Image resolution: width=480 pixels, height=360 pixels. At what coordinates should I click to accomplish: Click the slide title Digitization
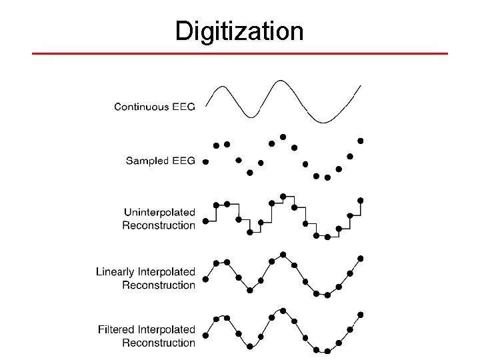tap(239, 31)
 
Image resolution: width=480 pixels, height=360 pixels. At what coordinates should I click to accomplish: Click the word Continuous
tap(141, 107)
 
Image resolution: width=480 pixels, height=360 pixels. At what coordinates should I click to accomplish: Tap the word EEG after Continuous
tap(183, 107)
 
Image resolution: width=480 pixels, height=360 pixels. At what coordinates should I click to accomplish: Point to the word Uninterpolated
tap(159, 212)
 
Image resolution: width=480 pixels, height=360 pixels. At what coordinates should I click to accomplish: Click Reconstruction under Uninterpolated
tap(159, 225)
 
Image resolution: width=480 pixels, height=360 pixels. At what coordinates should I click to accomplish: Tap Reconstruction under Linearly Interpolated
tap(159, 285)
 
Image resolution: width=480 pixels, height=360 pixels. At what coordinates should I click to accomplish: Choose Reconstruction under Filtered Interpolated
tap(159, 343)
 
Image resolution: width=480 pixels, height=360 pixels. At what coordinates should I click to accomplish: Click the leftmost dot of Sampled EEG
tap(205, 161)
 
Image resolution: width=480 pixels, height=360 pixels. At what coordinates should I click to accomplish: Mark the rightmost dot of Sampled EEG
tap(361, 141)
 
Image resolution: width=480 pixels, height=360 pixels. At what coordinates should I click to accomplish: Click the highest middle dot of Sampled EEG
tap(283, 137)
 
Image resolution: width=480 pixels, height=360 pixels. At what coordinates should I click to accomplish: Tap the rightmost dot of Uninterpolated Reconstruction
tap(361, 199)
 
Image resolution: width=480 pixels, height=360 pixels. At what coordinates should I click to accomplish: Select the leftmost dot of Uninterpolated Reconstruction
tap(205, 220)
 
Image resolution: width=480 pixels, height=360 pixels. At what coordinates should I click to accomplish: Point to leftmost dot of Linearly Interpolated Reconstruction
tap(205, 279)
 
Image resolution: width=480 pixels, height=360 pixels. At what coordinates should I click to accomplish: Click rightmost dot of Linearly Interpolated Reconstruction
tap(361, 258)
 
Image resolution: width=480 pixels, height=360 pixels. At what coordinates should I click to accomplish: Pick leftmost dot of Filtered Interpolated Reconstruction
tap(205, 335)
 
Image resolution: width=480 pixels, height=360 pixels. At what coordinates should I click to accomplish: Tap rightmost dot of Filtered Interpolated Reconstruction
tap(361, 314)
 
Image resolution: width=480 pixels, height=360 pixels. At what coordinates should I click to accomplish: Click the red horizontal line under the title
tap(240, 53)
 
